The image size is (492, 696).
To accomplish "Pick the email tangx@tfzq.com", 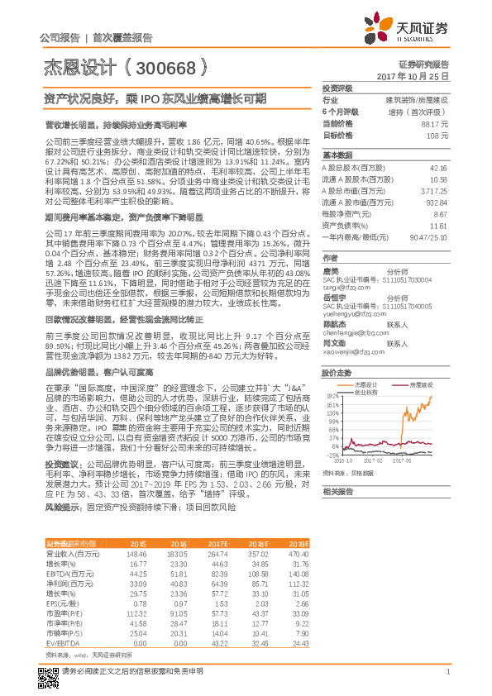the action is click(347, 287).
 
